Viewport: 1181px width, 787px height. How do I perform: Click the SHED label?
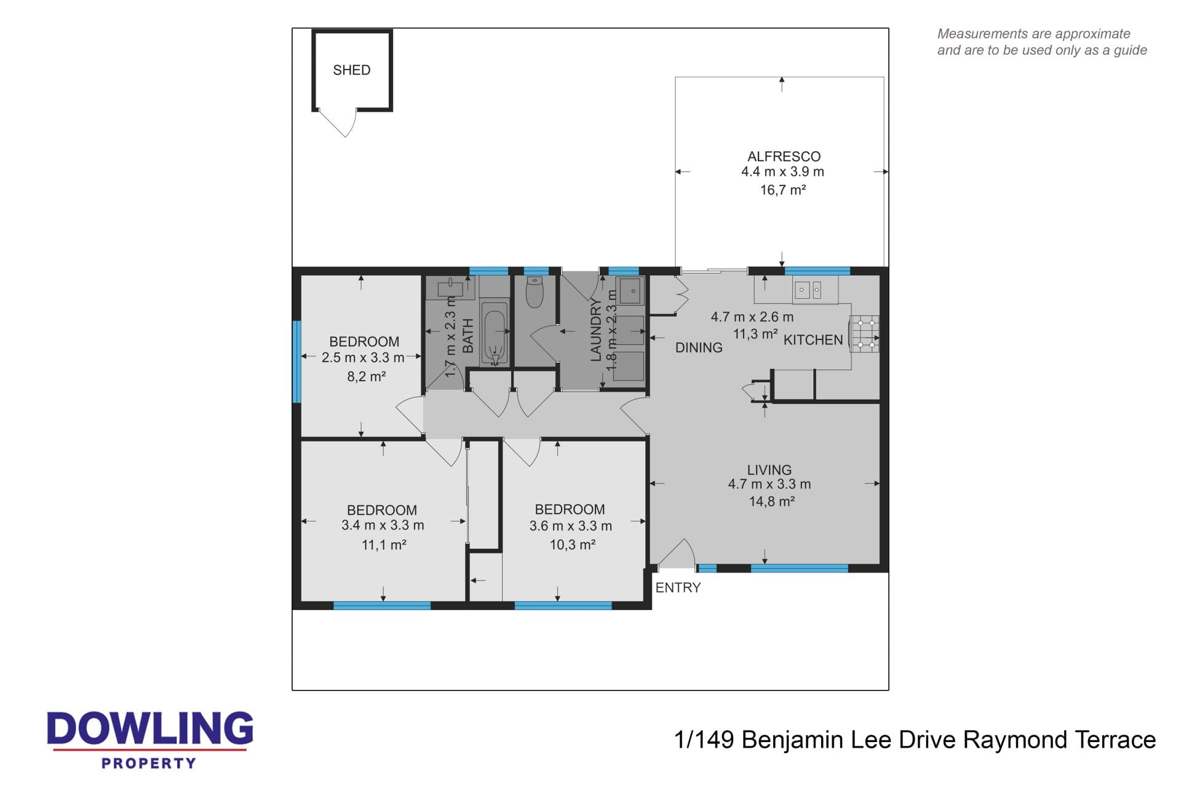352,70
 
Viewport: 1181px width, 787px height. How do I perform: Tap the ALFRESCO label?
784,156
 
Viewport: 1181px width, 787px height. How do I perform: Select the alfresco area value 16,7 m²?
783,190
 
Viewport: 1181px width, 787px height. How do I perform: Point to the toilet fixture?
535,292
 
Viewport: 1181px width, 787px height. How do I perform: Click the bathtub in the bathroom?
495,333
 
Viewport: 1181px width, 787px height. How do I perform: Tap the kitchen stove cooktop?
865,334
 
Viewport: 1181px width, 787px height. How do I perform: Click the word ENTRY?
678,588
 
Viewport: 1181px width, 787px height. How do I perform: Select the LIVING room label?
769,470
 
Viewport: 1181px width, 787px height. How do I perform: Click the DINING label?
699,348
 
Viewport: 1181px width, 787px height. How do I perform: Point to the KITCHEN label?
813,340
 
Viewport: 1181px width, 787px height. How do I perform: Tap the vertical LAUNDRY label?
595,330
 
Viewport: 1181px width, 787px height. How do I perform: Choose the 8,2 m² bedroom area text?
367,376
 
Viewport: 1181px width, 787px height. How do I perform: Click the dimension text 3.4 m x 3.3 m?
383,526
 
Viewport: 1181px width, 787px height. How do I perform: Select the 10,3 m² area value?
572,544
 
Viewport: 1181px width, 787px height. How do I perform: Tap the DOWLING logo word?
150,729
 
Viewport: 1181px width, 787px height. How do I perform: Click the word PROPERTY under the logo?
149,763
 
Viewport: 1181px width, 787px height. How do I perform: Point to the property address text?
915,740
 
